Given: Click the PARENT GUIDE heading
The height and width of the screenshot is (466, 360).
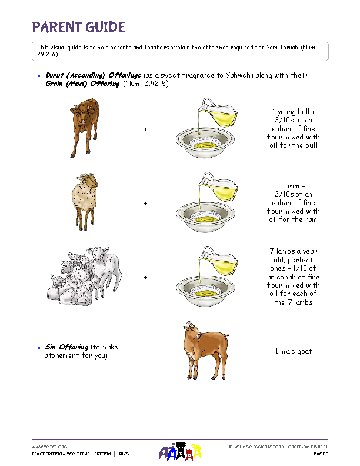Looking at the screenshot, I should (78, 27).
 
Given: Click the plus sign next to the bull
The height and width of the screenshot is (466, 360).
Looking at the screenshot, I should (145, 129).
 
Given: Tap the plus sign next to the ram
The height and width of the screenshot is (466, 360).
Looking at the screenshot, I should (145, 203).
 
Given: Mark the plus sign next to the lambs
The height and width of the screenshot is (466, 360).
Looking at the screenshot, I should (145, 277).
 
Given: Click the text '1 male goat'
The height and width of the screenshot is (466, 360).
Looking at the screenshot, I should (293, 351).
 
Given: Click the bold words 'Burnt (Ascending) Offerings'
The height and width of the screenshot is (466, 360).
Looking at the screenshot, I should (94, 76).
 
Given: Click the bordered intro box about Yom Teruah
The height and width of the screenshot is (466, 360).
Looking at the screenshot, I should (179, 51).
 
